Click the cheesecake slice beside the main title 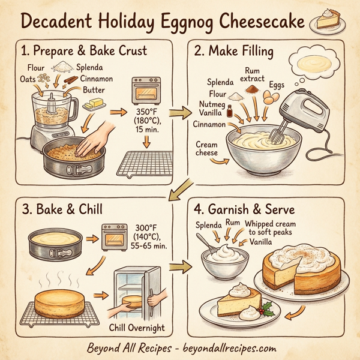click(327, 23)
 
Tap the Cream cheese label click(206, 149)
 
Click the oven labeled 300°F click(115, 236)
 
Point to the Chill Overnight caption click(137, 328)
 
